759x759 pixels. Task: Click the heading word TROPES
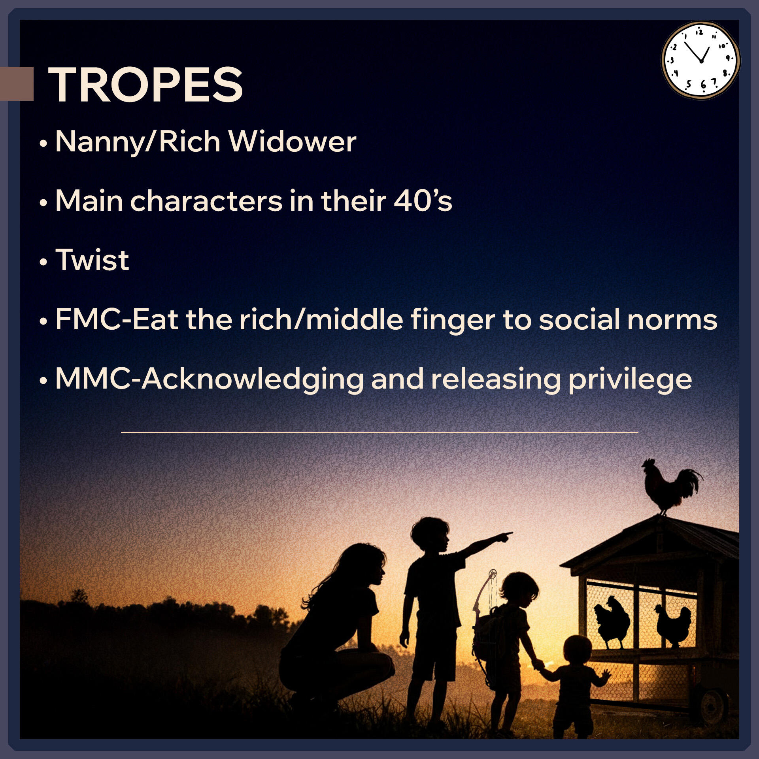(x=145, y=84)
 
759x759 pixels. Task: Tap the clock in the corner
(x=700, y=60)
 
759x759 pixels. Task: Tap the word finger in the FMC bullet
(x=453, y=320)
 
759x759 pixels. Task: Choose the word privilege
(x=630, y=380)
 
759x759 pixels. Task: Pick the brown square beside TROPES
(x=17, y=84)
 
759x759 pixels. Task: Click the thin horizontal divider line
(x=379, y=432)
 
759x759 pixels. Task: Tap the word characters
(x=206, y=200)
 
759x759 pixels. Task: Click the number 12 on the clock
(x=699, y=32)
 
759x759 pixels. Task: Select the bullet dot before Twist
(x=43, y=262)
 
